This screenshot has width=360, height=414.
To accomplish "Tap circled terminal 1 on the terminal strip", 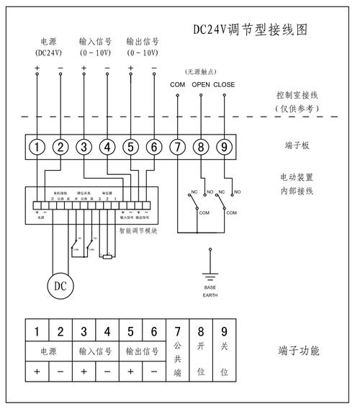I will (x=37, y=147).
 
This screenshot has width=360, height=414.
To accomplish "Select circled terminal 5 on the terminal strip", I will (x=131, y=147).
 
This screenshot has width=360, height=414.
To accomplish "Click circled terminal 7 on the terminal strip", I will (x=177, y=147).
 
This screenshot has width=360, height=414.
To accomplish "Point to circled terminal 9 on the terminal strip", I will (x=224, y=147).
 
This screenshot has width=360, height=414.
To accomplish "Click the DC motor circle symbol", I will (x=60, y=285).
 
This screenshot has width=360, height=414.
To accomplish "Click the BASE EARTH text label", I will (x=210, y=292).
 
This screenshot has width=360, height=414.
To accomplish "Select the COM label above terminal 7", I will (x=177, y=85).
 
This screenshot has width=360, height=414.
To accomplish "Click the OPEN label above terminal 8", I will (x=200, y=85).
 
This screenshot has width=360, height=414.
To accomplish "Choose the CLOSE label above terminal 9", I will (x=224, y=85).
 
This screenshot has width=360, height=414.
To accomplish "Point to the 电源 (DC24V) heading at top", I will (x=48, y=47).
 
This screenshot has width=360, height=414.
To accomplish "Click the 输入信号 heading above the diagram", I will (x=95, y=42).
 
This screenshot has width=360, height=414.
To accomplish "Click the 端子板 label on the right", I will (x=295, y=145).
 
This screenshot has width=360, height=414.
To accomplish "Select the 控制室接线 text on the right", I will (x=295, y=95).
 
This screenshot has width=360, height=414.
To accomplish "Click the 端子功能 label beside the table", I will (x=298, y=351).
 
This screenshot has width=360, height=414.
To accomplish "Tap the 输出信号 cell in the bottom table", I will (x=142, y=352).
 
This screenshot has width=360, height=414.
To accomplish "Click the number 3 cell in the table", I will (x=84, y=332).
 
